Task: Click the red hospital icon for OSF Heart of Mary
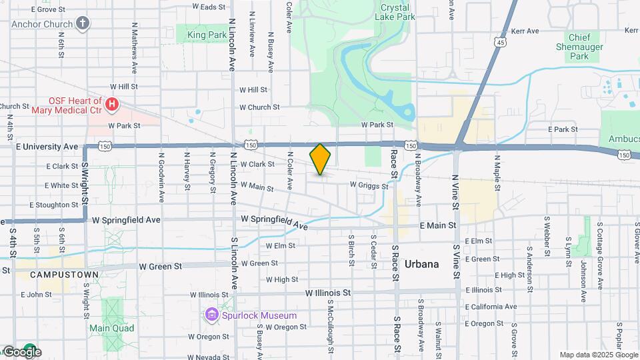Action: (112, 105)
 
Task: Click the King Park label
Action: (207, 34)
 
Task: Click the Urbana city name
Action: (421, 264)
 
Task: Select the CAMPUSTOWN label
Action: (59, 275)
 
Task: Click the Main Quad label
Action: (112, 328)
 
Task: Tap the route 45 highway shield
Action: (500, 41)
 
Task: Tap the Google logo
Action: (21, 352)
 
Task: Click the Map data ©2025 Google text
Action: (598, 355)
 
